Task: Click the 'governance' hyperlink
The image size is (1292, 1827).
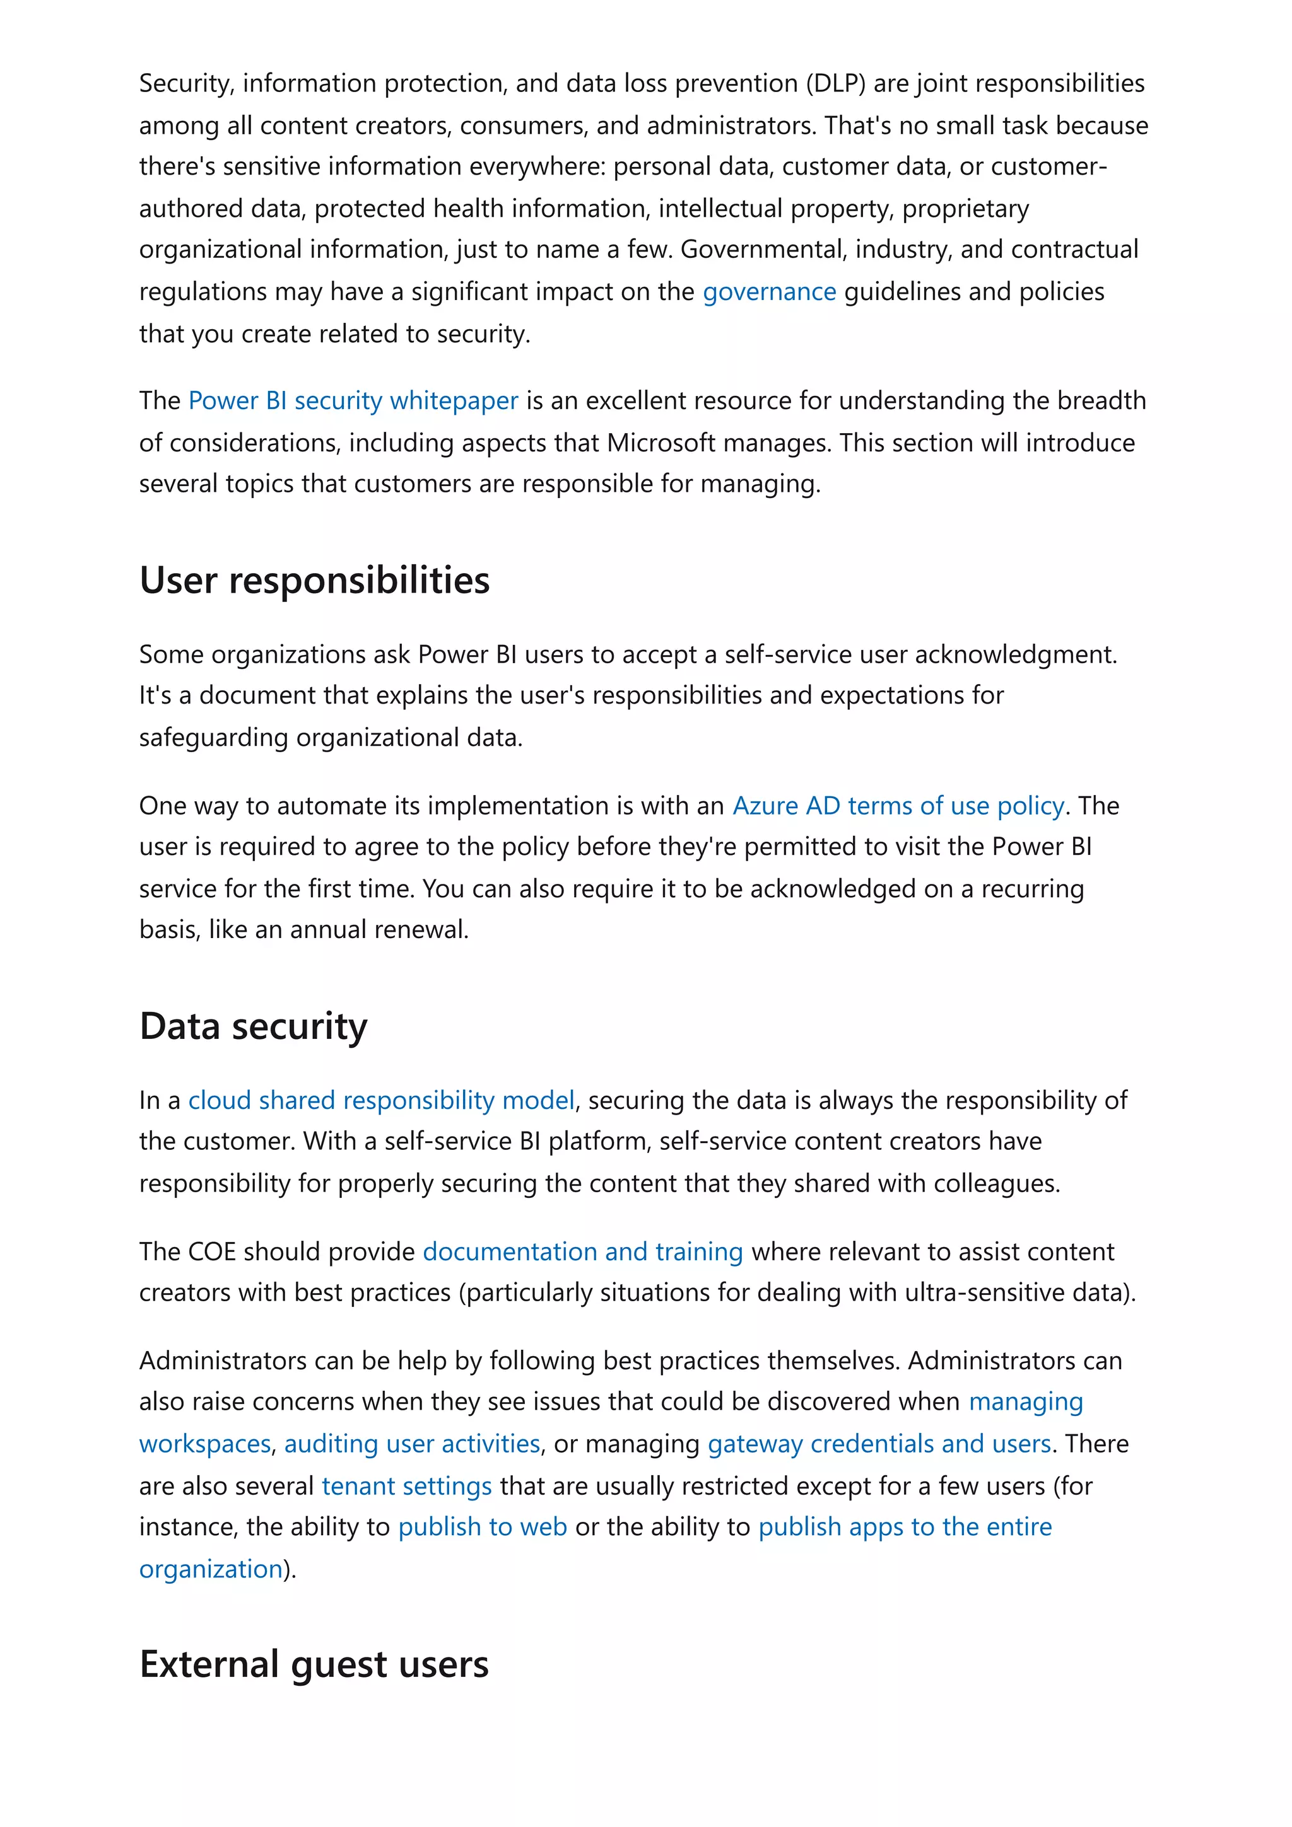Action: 768,292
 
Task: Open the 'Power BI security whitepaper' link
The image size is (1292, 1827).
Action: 353,400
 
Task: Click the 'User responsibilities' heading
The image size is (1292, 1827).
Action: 314,580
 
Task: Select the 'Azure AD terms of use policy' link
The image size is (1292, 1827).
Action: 897,806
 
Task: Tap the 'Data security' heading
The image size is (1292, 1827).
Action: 253,1026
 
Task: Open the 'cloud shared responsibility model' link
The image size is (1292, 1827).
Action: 380,1101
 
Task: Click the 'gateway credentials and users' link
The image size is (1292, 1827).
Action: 879,1444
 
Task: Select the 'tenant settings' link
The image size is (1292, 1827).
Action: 406,1487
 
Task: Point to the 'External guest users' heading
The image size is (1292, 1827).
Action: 314,1665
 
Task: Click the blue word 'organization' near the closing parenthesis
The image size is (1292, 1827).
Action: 211,1569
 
